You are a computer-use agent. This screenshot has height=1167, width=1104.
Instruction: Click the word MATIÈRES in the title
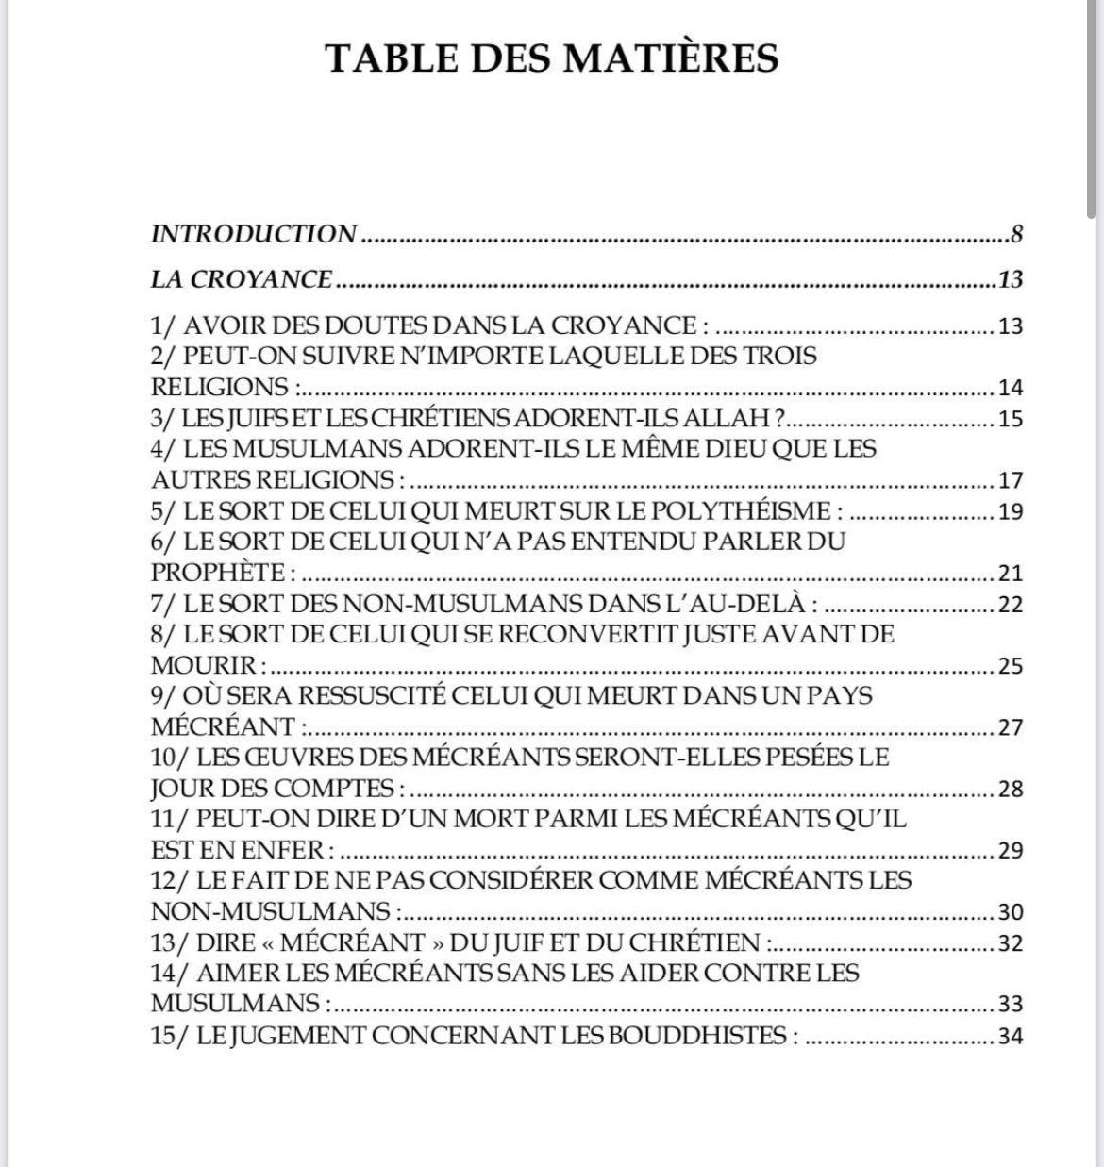[672, 58]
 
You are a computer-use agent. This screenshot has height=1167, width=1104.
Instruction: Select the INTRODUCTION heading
[254, 233]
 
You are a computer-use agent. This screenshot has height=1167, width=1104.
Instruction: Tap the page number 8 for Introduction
[1016, 234]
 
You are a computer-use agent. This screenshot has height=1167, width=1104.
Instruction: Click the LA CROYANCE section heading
[242, 279]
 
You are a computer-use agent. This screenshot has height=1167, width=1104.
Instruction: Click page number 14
[1010, 388]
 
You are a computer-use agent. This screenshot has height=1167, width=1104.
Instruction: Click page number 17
[1010, 480]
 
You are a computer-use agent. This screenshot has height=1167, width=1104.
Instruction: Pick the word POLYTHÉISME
[733, 510]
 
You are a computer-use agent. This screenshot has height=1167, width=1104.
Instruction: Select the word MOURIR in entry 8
[203, 665]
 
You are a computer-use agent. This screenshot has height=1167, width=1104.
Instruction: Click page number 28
[1010, 789]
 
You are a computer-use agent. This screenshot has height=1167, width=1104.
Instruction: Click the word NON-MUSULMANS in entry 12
[271, 911]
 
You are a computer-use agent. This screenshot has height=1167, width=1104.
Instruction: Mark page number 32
[1010, 942]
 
